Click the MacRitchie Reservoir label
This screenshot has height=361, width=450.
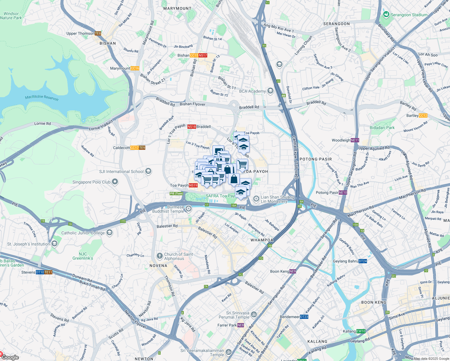point(42,97)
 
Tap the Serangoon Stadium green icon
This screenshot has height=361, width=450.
point(386,14)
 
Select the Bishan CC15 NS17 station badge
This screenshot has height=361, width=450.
point(199,55)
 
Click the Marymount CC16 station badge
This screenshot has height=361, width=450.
point(135,68)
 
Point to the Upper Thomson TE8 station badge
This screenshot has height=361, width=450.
point(98,33)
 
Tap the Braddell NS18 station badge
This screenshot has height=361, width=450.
point(192,127)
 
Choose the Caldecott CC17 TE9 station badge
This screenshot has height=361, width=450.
point(138,148)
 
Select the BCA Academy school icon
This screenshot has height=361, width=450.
point(270,91)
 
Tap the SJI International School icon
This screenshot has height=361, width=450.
point(148,171)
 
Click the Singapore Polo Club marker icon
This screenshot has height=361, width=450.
point(115,182)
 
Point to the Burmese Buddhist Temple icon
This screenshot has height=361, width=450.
point(188,208)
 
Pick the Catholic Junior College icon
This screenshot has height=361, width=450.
point(109,233)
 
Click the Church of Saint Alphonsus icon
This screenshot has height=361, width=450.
point(160,256)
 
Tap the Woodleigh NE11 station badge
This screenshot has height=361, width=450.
point(355,140)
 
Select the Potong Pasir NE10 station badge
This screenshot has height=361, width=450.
point(343,193)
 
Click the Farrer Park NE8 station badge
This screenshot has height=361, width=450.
point(240,325)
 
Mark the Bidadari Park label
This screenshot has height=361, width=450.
point(382,128)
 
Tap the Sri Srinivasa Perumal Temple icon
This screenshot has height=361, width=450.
point(254,315)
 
